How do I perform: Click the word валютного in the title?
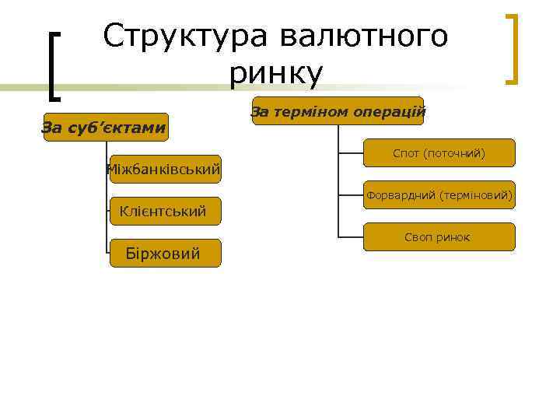tap(364, 37)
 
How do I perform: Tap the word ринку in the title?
tap(276, 74)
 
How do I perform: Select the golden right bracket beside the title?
tap(511, 47)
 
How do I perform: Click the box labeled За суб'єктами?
tap(104, 127)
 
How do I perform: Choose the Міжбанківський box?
tap(165, 168)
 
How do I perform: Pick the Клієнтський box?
tap(165, 210)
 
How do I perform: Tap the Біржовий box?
tap(165, 253)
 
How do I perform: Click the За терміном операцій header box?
tap(338, 112)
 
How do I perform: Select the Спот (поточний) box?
tap(439, 153)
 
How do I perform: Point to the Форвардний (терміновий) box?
tap(439, 195)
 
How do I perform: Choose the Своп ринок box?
tap(439, 236)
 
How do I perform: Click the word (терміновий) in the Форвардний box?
tap(476, 195)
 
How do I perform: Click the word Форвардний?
tap(401, 195)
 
